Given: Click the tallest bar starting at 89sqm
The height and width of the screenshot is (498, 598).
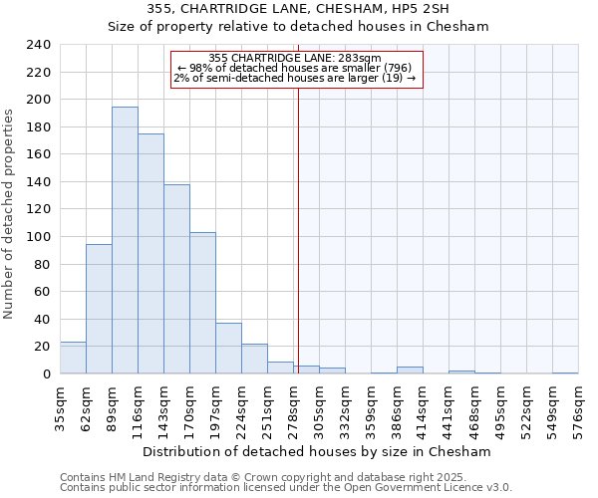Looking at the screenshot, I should tap(125, 240).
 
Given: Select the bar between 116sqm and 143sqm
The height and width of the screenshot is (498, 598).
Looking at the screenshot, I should tap(150, 254).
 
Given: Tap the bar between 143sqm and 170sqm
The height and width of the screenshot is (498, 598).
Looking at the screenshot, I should tap(176, 279).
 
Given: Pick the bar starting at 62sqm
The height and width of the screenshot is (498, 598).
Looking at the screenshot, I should tap(99, 309).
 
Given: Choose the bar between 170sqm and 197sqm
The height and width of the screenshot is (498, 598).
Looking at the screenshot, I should tap(202, 303).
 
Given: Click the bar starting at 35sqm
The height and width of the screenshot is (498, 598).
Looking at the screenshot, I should tap(73, 358).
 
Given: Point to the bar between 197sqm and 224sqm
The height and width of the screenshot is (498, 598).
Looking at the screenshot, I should tap(228, 349).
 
